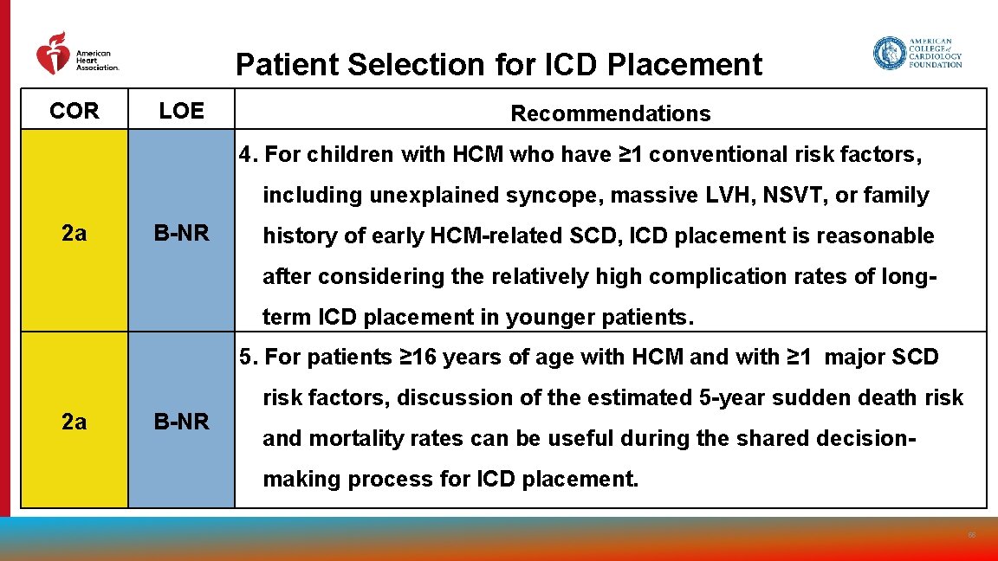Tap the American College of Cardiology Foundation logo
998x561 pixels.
917,54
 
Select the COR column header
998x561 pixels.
75,111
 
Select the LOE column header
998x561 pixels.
181,111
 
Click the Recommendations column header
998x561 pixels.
610,113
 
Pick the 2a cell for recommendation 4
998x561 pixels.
75,234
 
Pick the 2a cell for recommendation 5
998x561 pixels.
75,422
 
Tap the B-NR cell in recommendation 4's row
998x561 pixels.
181,234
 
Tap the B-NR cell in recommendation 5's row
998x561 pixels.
181,422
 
